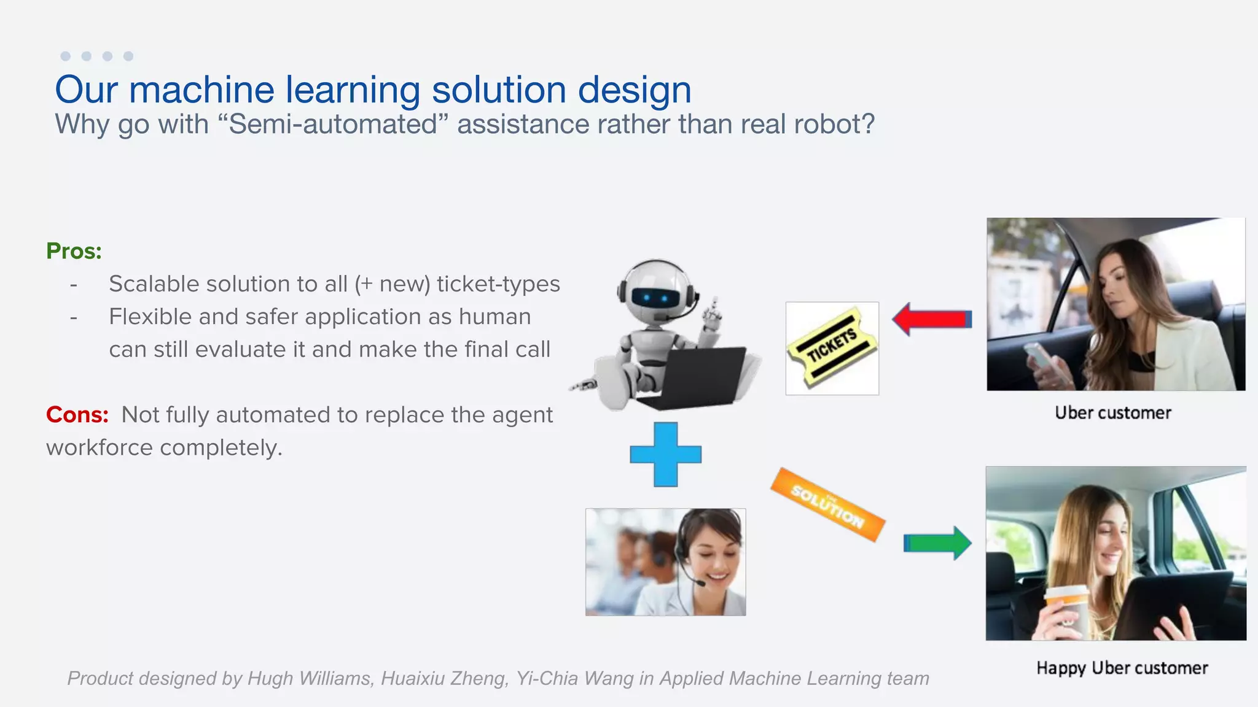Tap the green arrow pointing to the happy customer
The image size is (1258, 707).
click(x=937, y=543)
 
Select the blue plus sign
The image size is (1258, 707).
click(x=665, y=454)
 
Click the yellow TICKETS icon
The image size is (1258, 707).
click(x=832, y=348)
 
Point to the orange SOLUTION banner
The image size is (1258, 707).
click(x=827, y=505)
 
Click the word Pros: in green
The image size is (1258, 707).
click(x=74, y=251)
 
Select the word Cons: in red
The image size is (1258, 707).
click(x=77, y=415)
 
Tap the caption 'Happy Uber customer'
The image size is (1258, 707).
click(x=1122, y=668)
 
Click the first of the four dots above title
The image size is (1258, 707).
click(x=66, y=56)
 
